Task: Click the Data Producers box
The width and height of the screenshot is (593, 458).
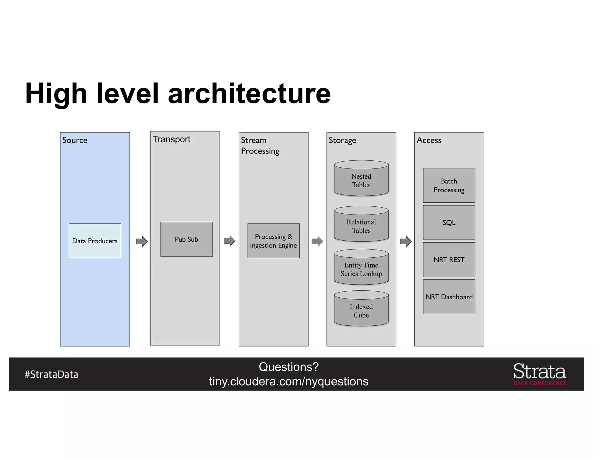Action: (x=95, y=241)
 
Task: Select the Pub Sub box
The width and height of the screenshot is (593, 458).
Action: (x=186, y=239)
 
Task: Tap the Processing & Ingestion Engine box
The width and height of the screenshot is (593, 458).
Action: (x=273, y=241)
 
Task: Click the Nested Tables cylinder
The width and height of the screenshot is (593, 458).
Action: (x=361, y=179)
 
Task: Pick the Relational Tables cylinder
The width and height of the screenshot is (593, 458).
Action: (x=361, y=225)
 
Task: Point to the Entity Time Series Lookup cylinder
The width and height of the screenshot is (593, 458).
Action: (x=361, y=268)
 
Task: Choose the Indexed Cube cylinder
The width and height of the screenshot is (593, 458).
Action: (x=361, y=309)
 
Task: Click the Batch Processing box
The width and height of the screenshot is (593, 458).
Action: (x=449, y=185)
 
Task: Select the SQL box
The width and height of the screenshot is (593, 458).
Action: (x=449, y=222)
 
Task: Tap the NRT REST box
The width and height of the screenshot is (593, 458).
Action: (x=449, y=260)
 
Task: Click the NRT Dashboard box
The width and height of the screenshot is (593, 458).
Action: (x=449, y=297)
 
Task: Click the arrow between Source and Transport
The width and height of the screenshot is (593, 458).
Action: (x=142, y=241)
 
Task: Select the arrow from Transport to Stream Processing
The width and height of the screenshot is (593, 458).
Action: (x=229, y=241)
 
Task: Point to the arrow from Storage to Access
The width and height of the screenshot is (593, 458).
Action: (x=406, y=241)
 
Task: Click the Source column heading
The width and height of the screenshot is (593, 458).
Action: (x=75, y=140)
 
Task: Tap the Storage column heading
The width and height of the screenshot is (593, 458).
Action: (x=342, y=140)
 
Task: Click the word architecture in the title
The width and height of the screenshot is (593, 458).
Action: (x=249, y=94)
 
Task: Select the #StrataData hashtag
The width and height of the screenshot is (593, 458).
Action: (x=52, y=374)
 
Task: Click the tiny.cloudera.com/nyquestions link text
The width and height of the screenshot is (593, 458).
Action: (x=289, y=381)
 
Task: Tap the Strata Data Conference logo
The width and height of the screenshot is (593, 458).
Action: (x=540, y=374)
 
